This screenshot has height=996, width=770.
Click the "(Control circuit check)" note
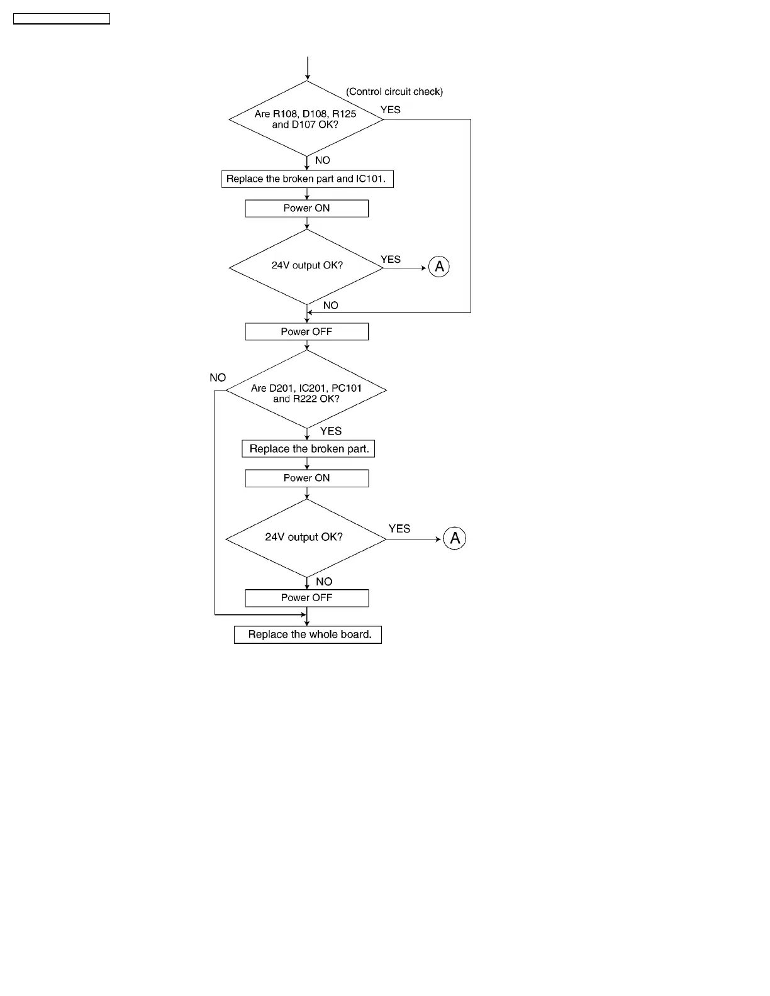click(394, 92)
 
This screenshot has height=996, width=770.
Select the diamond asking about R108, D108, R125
click(306, 119)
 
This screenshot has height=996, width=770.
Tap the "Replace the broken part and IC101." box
click(307, 179)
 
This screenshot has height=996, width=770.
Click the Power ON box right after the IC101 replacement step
click(306, 209)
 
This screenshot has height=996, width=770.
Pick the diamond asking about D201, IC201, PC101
click(306, 390)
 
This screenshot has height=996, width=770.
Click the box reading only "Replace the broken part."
click(308, 449)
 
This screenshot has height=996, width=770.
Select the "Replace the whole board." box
click(308, 634)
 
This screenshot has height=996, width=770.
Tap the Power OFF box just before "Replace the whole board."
click(306, 598)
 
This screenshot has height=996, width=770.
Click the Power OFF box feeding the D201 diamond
click(306, 332)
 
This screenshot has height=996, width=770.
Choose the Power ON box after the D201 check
click(306, 479)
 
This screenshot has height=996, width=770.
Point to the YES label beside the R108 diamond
click(391, 110)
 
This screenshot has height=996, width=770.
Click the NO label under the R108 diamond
click(322, 161)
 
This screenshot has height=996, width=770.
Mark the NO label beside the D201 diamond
click(218, 378)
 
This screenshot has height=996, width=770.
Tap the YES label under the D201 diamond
click(331, 431)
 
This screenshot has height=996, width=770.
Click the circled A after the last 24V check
click(455, 538)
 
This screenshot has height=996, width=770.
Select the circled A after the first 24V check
click(439, 267)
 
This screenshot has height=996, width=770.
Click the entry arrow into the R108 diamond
click(307, 68)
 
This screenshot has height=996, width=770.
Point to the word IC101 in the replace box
click(370, 179)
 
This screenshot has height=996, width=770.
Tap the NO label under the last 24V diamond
click(324, 582)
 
